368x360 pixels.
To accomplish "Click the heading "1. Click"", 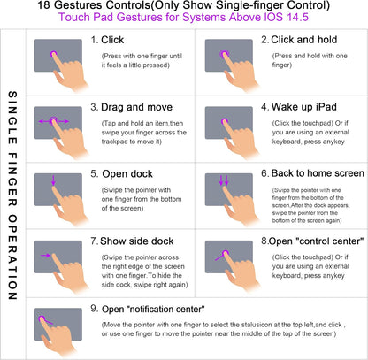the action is point(107,40).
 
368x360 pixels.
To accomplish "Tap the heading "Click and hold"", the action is point(304,40).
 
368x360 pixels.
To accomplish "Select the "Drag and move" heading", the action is point(136,107).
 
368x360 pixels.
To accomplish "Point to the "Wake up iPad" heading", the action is point(304,107).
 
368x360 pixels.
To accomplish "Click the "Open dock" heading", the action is point(127,174).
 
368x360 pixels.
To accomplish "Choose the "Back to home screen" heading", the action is point(318,173).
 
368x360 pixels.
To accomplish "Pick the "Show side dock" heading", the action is point(137,241).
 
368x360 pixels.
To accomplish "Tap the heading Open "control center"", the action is point(316,241).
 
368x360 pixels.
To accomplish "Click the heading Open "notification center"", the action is point(153,309).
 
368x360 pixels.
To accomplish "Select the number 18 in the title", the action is point(44,5).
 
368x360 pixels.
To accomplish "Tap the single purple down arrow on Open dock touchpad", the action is point(53,180).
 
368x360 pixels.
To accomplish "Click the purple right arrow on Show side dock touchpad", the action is point(46,256).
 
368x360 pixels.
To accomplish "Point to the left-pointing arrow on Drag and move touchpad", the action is point(44,121).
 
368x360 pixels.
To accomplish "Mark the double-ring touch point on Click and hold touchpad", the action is point(225,54).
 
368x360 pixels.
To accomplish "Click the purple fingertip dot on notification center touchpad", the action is point(42,318).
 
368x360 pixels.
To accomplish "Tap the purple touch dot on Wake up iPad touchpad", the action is point(225,121).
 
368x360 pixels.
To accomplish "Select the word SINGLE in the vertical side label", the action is point(12,118).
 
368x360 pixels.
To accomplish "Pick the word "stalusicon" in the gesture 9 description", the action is point(257,325).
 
